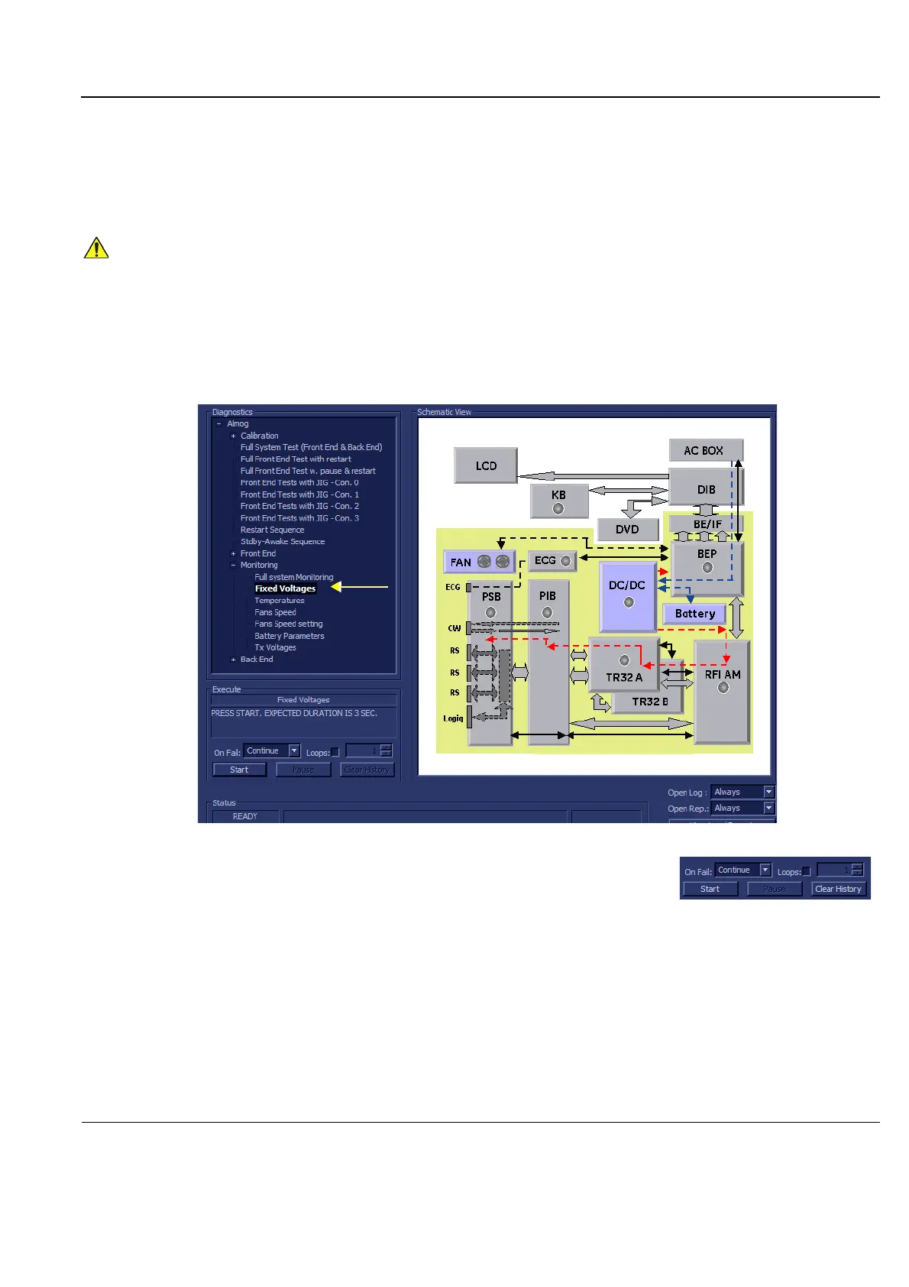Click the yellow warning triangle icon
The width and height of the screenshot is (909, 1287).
(96, 248)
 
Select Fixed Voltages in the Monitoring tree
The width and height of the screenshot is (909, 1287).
(285, 588)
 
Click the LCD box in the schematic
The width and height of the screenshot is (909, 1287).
(486, 465)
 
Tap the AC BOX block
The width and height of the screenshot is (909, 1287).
(704, 451)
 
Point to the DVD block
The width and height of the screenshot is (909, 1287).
(627, 530)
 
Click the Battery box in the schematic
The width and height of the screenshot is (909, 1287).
(694, 614)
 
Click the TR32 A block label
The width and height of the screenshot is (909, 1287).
(624, 677)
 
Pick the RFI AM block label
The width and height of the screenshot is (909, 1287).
(723, 675)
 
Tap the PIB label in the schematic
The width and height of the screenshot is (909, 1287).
(548, 596)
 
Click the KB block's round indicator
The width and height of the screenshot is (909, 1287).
(558, 508)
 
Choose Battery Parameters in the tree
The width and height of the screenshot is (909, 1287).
(289, 636)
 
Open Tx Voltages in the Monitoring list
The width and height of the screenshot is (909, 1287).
(275, 647)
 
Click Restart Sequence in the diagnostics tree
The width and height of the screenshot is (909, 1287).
(272, 530)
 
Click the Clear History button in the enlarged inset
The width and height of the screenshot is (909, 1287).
(838, 889)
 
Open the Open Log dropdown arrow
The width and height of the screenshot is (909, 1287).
(769, 792)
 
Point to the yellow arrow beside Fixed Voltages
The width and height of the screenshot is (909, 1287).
(360, 587)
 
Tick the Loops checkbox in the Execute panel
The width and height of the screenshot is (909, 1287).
(335, 752)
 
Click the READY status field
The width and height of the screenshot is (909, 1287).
(245, 816)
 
